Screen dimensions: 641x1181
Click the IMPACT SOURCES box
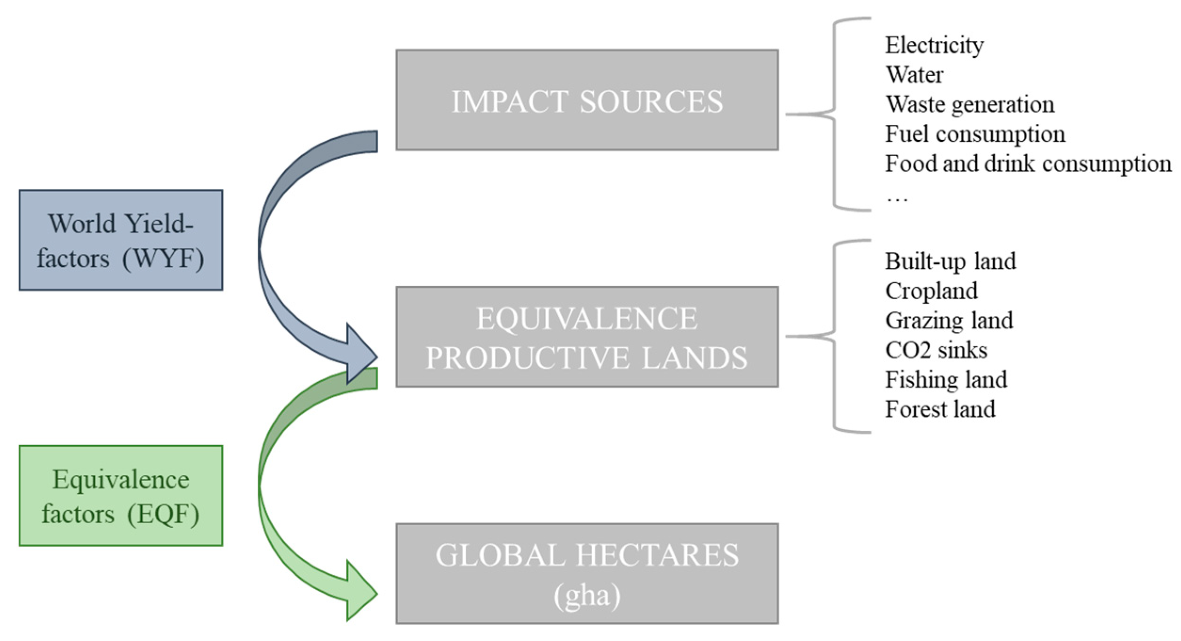[587, 100]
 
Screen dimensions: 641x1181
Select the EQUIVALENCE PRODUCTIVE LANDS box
[587, 337]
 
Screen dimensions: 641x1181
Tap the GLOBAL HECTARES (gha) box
[587, 574]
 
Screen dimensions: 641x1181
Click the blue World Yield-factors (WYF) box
[121, 240]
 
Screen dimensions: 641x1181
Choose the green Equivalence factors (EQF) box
[121, 496]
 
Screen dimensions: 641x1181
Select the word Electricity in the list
[934, 45]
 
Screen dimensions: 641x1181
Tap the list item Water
[914, 75]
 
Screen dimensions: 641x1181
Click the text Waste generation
[970, 104]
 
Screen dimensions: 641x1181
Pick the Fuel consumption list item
[975, 134]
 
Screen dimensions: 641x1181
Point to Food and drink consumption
[1028, 164]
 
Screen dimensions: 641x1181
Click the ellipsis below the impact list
[897, 199]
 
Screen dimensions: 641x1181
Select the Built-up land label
[950, 261]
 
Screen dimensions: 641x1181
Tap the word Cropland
[931, 290]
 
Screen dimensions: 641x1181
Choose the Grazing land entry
[949, 320]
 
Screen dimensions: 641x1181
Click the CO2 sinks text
[936, 350]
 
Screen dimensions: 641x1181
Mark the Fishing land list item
[946, 379]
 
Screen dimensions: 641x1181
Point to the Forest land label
[940, 409]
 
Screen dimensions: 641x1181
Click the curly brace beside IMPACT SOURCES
[835, 114]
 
